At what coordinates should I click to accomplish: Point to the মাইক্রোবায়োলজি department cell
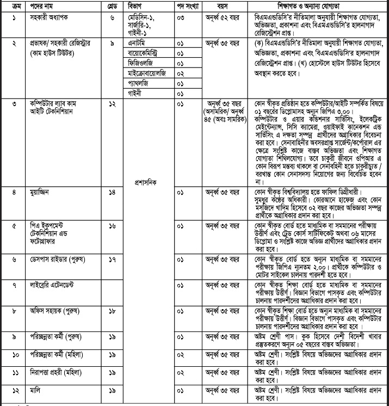146,72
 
